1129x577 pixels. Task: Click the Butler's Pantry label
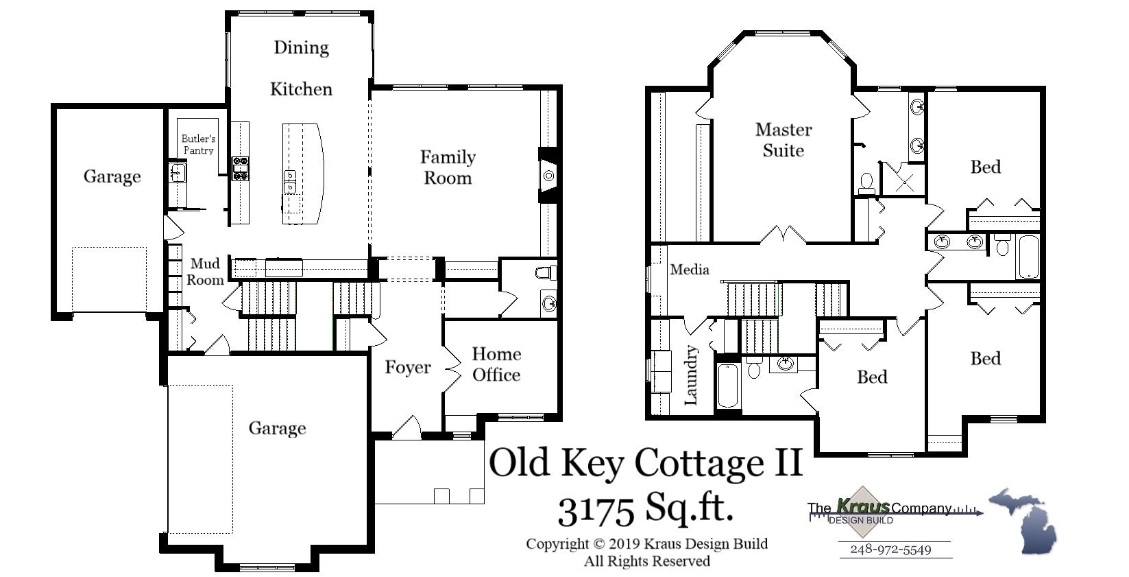pos(198,144)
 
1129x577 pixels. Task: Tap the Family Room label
pos(448,167)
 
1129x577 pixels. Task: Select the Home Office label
pos(496,364)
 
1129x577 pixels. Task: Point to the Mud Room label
pos(205,272)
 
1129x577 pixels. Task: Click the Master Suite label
pos(784,140)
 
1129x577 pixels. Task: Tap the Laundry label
pos(691,375)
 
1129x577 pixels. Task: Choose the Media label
pos(690,270)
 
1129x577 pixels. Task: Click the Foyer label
pos(408,368)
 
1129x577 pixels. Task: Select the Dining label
pos(302,47)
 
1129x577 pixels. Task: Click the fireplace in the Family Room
pos(549,176)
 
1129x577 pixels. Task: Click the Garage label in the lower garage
pos(277,428)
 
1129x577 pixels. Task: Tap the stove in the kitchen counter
pos(241,168)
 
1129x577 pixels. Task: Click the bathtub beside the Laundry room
pos(728,386)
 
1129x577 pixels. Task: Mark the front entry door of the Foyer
pos(406,427)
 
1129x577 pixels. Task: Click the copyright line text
pos(646,544)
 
